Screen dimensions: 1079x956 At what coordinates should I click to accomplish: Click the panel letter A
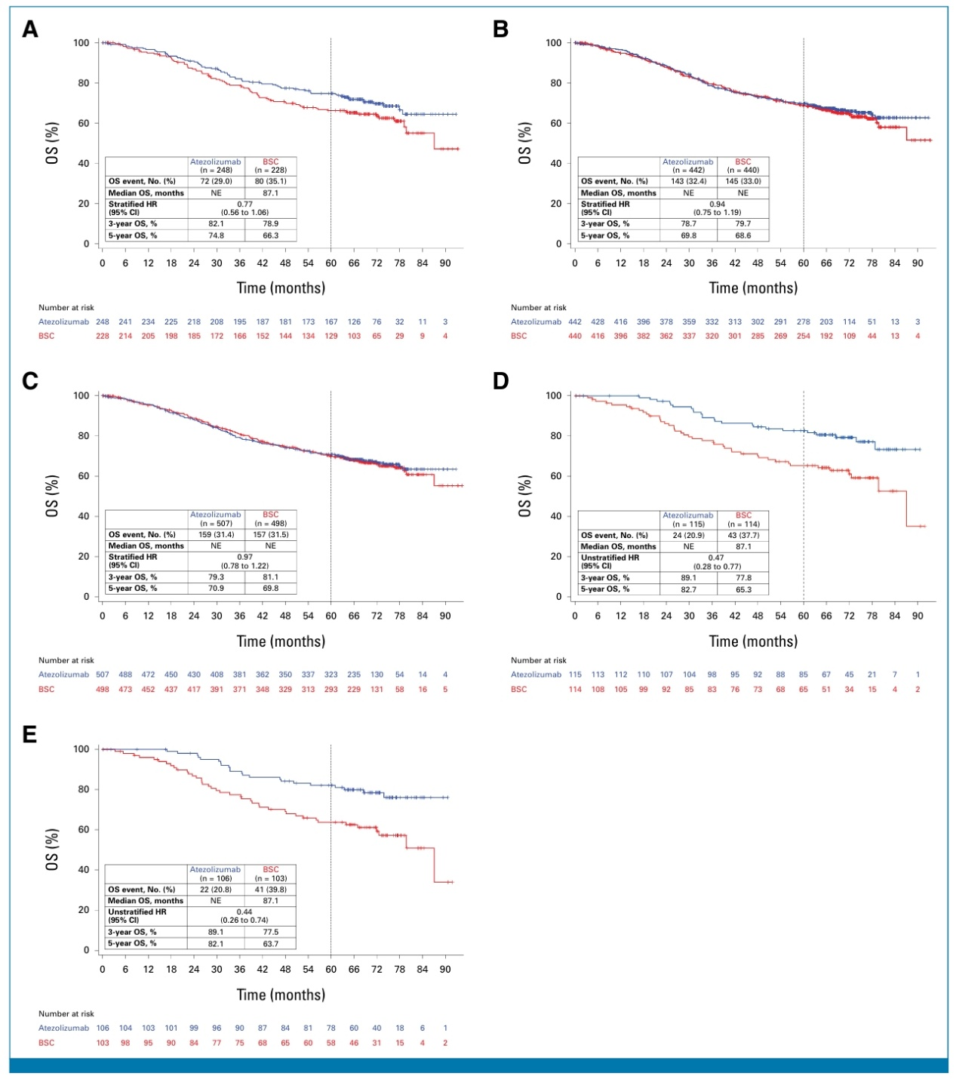click(x=30, y=29)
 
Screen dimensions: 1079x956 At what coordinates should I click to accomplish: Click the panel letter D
click(x=501, y=382)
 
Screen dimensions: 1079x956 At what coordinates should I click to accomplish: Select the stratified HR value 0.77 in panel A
click(x=244, y=204)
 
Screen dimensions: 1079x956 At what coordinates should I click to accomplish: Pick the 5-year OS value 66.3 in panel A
click(x=270, y=235)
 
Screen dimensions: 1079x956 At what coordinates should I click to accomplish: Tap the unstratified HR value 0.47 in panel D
click(x=716, y=558)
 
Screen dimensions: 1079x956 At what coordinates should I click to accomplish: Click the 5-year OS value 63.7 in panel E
click(x=270, y=943)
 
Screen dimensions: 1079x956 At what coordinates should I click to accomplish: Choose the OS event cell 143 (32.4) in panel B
click(x=687, y=181)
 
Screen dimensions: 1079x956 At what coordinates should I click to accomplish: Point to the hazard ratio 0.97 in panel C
click(x=244, y=557)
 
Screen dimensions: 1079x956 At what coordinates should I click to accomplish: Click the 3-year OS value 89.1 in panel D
click(x=687, y=578)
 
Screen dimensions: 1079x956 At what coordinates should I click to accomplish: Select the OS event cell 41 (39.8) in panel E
click(x=270, y=890)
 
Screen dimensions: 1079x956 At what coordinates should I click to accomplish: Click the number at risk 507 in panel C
click(x=103, y=675)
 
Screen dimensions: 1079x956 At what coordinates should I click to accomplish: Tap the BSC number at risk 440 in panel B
click(x=575, y=336)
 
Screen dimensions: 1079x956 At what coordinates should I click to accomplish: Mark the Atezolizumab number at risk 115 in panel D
click(x=575, y=675)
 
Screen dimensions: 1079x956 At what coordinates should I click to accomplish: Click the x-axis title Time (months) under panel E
click(x=281, y=994)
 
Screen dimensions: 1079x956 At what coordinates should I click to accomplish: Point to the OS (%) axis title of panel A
click(x=52, y=143)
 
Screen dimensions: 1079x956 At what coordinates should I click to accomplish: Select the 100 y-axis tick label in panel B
click(x=554, y=43)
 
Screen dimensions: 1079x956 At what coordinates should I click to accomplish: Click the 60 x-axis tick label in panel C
click(x=330, y=616)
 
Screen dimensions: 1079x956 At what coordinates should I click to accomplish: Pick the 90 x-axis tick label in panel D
click(x=918, y=616)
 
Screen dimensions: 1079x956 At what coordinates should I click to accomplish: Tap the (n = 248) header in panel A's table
click(x=216, y=170)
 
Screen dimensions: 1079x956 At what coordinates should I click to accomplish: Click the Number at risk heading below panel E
click(x=66, y=1013)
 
